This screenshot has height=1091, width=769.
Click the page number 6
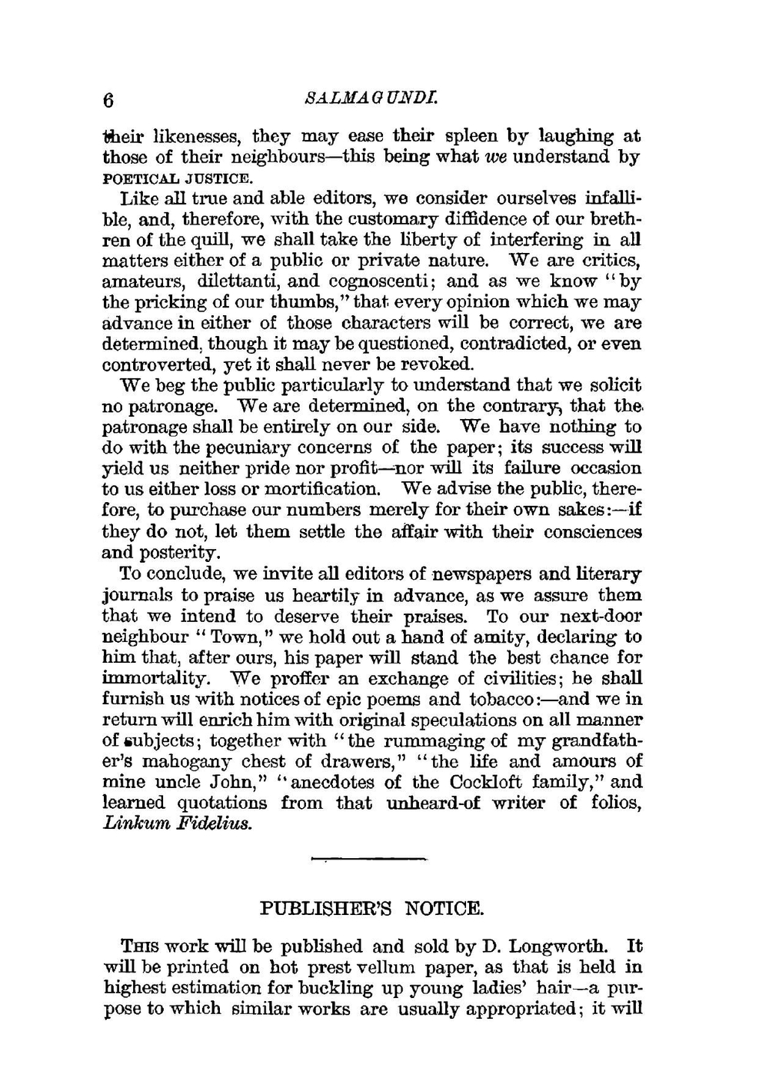[x=108, y=101]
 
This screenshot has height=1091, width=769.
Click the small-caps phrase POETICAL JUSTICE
[x=178, y=178]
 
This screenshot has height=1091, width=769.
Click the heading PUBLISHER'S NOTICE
[x=372, y=910]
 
